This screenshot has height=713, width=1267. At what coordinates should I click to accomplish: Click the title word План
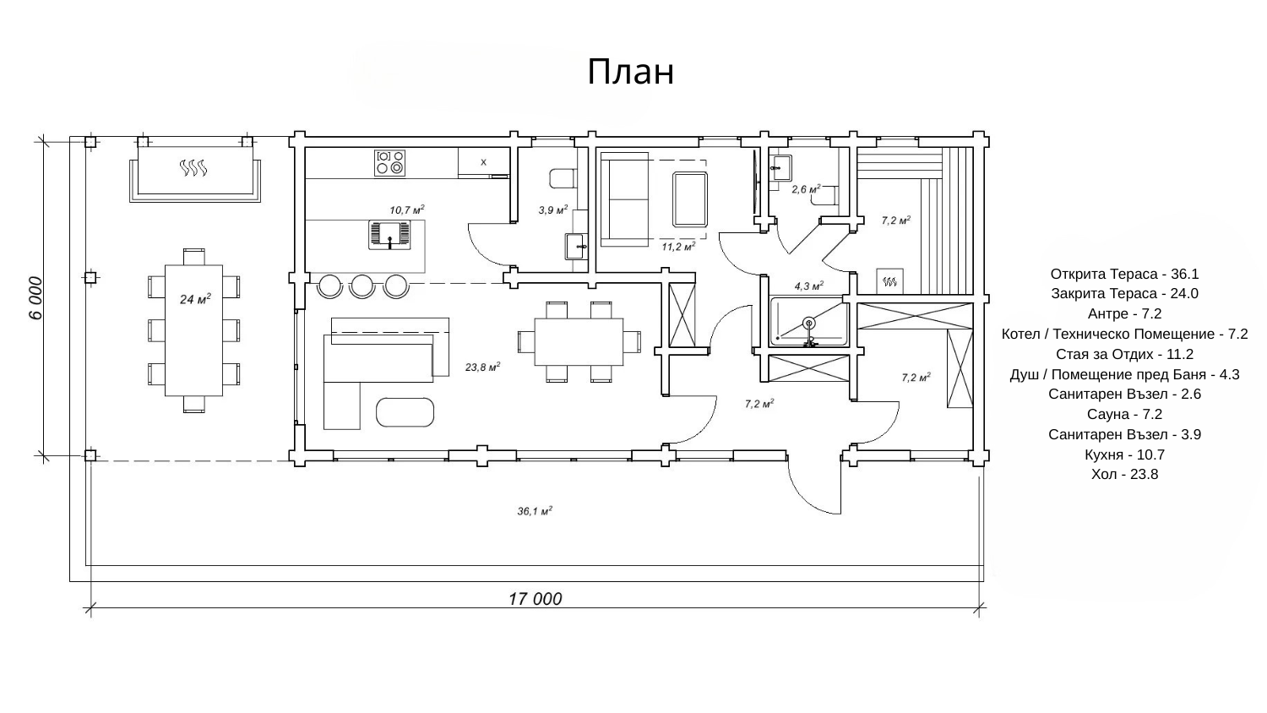[631, 72]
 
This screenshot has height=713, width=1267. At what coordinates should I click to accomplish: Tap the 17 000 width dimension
[535, 599]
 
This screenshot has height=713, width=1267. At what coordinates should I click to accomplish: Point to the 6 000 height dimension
[35, 298]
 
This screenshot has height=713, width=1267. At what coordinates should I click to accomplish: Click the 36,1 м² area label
[535, 511]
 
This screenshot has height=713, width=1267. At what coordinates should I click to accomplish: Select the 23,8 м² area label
[482, 367]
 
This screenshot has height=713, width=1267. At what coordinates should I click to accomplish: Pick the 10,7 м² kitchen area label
[406, 210]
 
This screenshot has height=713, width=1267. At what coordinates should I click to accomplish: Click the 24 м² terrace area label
[195, 298]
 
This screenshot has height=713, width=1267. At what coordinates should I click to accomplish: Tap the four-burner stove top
[389, 162]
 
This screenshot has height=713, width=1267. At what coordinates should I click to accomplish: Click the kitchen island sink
[389, 235]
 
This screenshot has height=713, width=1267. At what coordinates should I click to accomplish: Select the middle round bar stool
[362, 286]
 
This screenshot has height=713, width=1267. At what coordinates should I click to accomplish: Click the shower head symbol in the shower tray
[809, 324]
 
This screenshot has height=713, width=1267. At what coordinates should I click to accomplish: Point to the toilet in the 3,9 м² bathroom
[563, 178]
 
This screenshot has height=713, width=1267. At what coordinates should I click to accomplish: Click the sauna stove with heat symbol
[889, 281]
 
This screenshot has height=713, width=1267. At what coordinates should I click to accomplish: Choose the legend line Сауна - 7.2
[1124, 414]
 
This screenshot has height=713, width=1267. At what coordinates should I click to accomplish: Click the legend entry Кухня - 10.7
[1124, 454]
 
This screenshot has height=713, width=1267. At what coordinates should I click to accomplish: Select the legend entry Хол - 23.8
[1124, 474]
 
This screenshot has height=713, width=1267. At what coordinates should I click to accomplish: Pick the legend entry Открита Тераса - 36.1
[1124, 274]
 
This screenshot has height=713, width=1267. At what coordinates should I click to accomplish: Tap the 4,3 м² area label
[809, 286]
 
